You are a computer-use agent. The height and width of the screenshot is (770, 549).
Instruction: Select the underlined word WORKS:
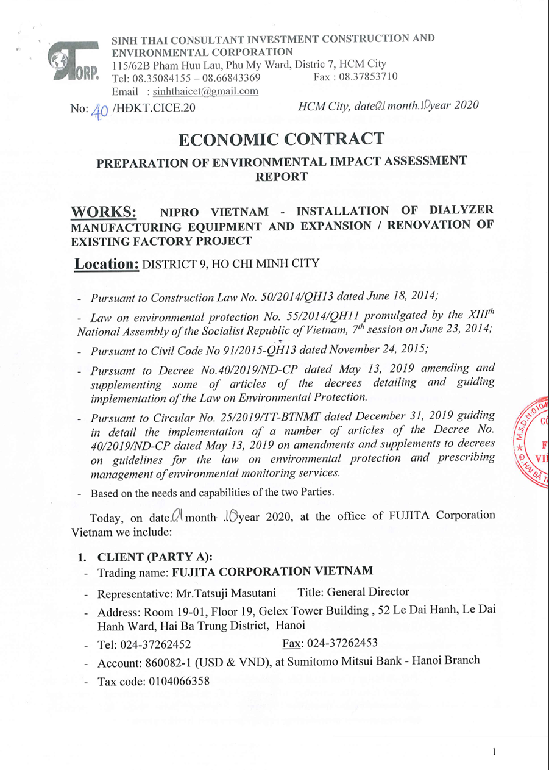click(104, 213)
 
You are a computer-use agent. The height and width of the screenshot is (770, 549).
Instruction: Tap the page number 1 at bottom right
click(493, 752)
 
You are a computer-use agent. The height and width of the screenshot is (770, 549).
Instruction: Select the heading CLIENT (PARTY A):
click(155, 556)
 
